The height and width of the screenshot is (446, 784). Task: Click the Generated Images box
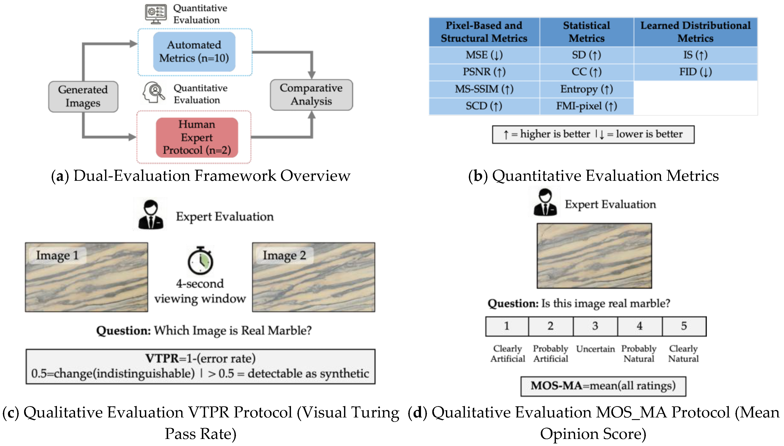click(x=83, y=97)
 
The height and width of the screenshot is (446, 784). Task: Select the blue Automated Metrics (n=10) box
click(x=194, y=51)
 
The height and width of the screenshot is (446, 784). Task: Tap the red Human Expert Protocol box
click(x=197, y=137)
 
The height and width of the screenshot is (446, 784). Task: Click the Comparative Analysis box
click(x=311, y=95)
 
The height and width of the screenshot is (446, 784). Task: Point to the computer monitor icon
click(x=156, y=14)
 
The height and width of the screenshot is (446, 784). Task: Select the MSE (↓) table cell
click(x=484, y=55)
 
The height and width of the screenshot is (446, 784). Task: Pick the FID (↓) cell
click(x=695, y=72)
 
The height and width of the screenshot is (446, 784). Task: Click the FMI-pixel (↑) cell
click(x=586, y=106)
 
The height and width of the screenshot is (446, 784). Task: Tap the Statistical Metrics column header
click(x=586, y=32)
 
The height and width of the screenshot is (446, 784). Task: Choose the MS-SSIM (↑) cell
click(x=484, y=89)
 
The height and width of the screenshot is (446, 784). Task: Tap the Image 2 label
click(x=284, y=255)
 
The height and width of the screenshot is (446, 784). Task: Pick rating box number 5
click(x=684, y=326)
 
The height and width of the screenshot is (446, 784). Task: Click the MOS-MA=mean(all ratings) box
click(x=603, y=386)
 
